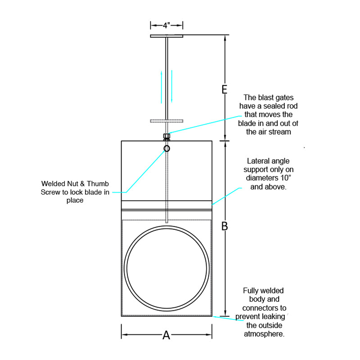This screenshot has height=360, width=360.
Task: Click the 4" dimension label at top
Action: pos(166,26)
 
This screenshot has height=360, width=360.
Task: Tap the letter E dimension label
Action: pos(224,89)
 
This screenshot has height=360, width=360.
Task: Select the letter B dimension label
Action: pos(225,226)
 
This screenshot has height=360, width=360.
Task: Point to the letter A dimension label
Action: pos(166,335)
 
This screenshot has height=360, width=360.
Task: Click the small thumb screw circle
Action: pos(166,148)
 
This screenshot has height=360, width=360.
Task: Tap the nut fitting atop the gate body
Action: pos(166,137)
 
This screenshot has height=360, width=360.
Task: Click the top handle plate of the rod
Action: pos(166,36)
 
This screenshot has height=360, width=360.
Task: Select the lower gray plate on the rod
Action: pos(166,121)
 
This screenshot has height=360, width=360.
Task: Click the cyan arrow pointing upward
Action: pos(162,87)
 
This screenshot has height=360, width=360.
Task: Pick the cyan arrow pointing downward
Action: pos(172,86)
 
